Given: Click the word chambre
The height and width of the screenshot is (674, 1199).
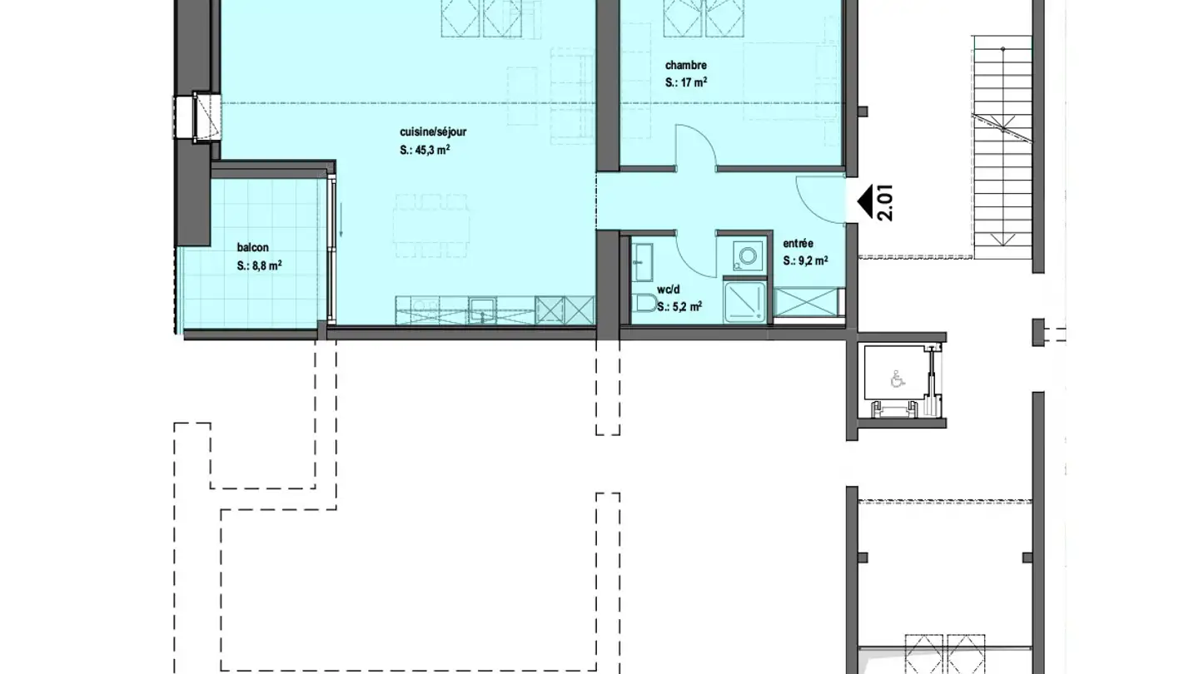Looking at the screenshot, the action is pyautogui.click(x=686, y=65).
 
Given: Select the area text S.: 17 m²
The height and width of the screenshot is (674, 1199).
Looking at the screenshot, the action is pyautogui.click(x=686, y=82).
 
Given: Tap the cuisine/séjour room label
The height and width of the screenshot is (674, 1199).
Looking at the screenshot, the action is pyautogui.click(x=433, y=132).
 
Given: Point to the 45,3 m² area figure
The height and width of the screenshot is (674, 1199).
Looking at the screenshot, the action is pyautogui.click(x=432, y=150).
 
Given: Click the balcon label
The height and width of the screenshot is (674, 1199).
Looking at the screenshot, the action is pyautogui.click(x=252, y=248).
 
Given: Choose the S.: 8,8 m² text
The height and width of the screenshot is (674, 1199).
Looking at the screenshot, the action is pyautogui.click(x=259, y=265).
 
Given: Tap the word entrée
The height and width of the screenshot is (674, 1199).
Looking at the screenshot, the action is pyautogui.click(x=798, y=244).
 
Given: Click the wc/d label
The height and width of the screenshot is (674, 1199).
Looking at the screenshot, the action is pyautogui.click(x=668, y=290).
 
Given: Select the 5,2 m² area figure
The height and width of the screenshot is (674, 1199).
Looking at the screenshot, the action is pyautogui.click(x=687, y=307).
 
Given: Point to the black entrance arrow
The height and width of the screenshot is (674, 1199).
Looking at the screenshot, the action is pyautogui.click(x=865, y=203).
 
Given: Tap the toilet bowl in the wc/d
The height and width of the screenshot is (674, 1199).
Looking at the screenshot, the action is pyautogui.click(x=644, y=303).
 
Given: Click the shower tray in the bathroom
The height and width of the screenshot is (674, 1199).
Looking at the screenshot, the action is pyautogui.click(x=744, y=302).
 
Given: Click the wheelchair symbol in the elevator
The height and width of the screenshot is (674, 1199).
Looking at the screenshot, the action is pyautogui.click(x=898, y=379).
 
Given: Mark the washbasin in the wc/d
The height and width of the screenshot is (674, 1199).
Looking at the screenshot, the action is pyautogui.click(x=642, y=262).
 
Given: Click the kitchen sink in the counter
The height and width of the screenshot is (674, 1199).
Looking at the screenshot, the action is pyautogui.click(x=482, y=311).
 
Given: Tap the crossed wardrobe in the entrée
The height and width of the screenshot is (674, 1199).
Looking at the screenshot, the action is pyautogui.click(x=806, y=302).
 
